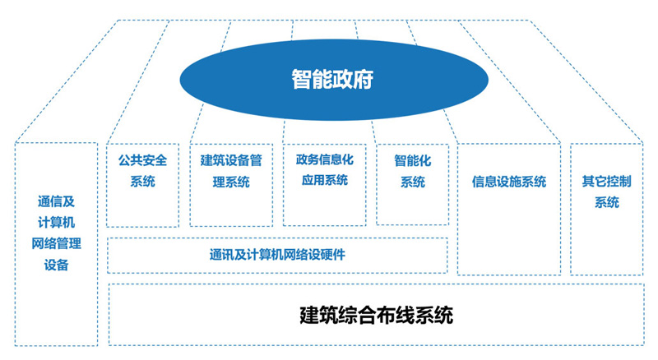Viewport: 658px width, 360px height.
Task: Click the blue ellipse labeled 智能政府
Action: [332, 79]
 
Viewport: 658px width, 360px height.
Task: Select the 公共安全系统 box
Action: [142, 184]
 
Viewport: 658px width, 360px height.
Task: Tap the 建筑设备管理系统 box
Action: [231, 184]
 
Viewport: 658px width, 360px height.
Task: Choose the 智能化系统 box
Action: [412, 184]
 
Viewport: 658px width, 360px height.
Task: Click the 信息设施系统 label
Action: [508, 182]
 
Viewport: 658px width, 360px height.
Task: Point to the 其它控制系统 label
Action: [606, 191]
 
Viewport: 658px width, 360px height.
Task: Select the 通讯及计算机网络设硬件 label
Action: [276, 255]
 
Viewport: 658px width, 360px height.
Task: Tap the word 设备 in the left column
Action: [56, 265]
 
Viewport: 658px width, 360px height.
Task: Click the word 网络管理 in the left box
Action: [56, 243]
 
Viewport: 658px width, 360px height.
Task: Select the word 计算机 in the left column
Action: [56, 222]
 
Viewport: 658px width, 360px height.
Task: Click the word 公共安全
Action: [142, 160]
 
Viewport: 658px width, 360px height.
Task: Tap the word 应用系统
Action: [324, 180]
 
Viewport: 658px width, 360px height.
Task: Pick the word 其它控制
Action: [606, 180]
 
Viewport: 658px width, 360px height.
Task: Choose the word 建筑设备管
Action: [231, 160]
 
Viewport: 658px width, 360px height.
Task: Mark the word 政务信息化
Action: [324, 159]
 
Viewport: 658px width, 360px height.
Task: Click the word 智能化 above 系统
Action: [412, 160]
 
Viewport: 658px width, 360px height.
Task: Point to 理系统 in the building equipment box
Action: [231, 182]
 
